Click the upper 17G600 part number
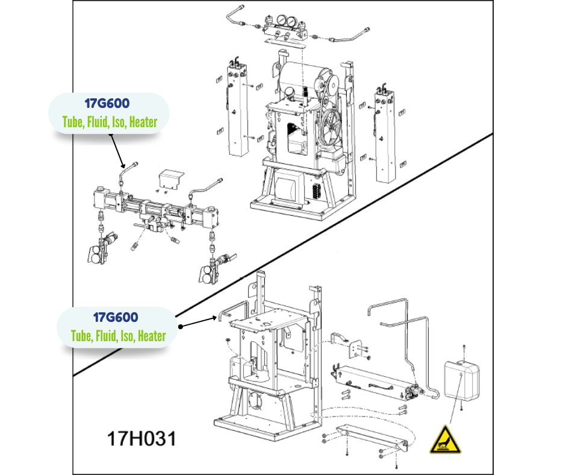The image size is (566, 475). pos(108,103)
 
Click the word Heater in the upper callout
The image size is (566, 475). pos(143,122)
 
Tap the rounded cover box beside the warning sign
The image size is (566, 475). pos(461,379)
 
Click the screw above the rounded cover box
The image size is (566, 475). pos(464,348)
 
